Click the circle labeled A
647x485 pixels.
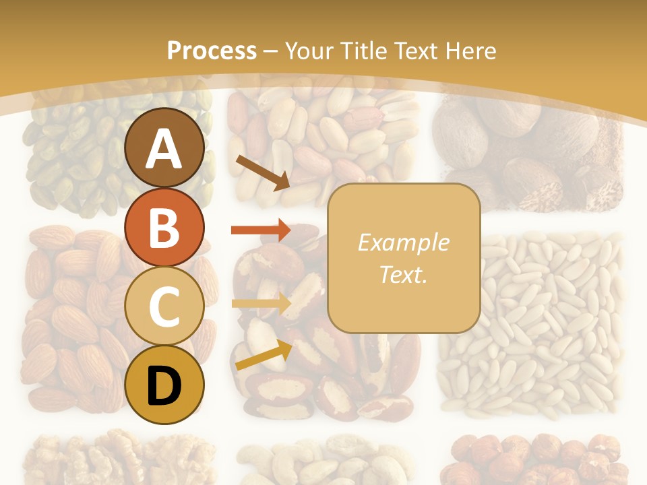click(x=164, y=148)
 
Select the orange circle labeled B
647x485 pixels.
click(x=164, y=227)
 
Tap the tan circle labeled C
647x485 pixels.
click(x=164, y=306)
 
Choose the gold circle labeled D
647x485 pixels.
click(x=164, y=385)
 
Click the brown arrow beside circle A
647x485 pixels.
click(x=262, y=172)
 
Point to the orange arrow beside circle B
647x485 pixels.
click(x=260, y=230)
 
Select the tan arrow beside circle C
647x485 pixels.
click(x=261, y=304)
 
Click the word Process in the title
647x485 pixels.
click(x=212, y=51)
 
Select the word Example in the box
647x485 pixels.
click(x=403, y=243)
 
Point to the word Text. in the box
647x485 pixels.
click(x=403, y=274)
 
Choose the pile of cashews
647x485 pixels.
click(x=323, y=461)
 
